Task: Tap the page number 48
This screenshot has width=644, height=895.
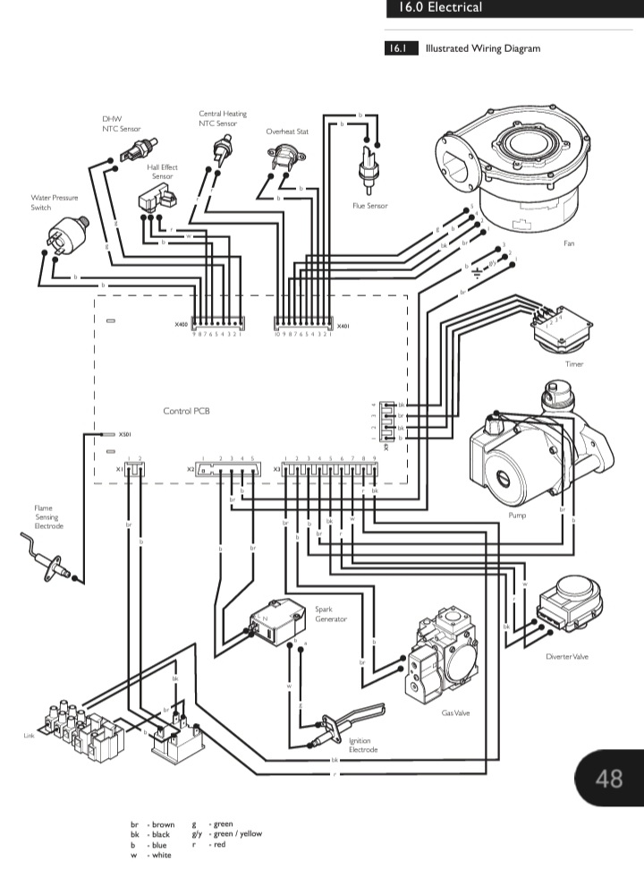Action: click(609, 778)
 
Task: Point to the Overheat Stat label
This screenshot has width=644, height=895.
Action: click(287, 132)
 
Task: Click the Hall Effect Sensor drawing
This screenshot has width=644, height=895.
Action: click(154, 201)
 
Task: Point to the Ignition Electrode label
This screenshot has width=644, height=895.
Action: click(361, 745)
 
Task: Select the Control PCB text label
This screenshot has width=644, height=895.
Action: click(186, 412)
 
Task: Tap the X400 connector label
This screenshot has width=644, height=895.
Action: click(182, 326)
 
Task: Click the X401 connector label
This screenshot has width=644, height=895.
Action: click(341, 326)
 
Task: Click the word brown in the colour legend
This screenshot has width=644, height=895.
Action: click(163, 824)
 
